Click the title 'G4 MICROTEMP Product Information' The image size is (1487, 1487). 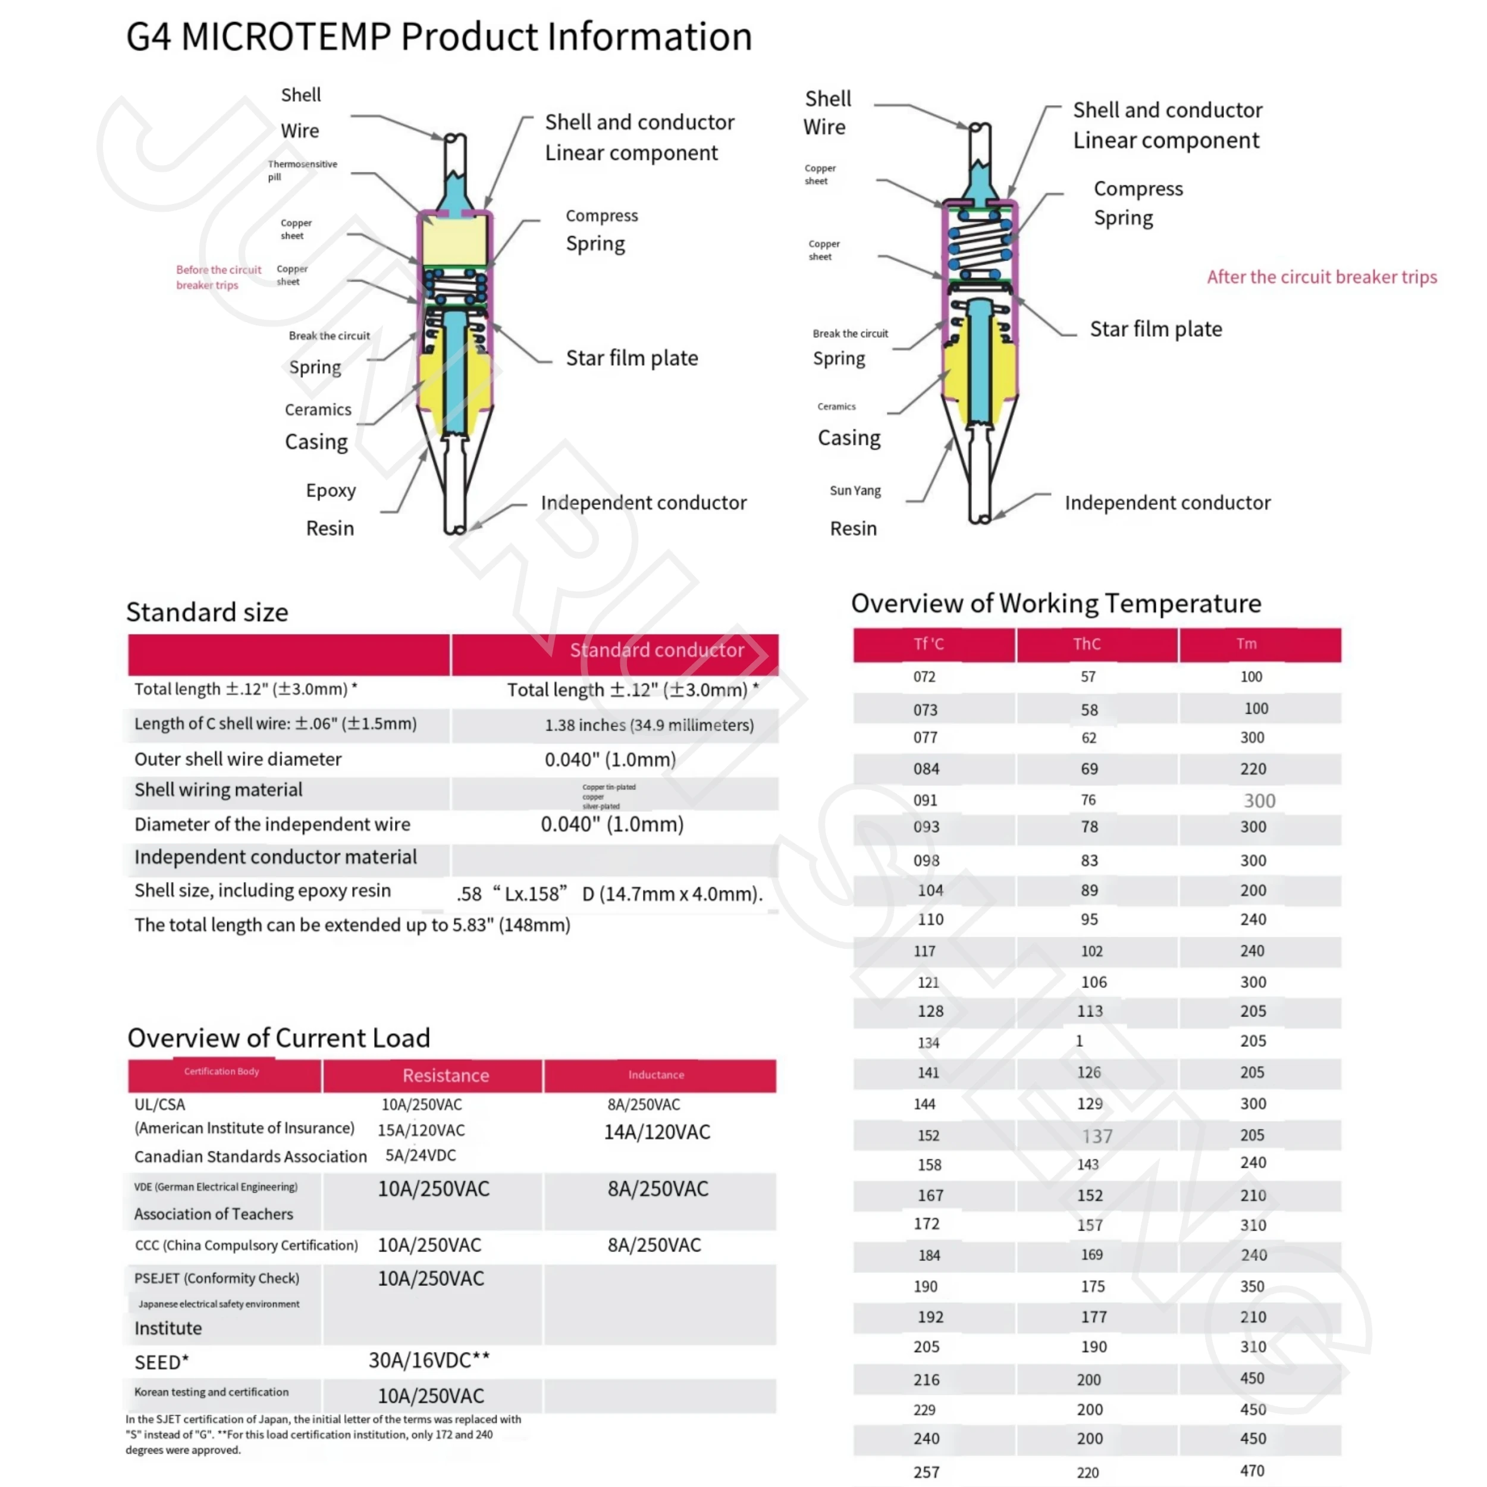click(439, 37)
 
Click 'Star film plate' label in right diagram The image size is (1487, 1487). click(1155, 330)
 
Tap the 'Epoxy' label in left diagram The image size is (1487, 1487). click(330, 490)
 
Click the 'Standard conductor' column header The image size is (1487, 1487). click(657, 650)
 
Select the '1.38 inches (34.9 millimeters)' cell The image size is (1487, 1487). click(649, 725)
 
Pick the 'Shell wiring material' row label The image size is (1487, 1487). click(218, 790)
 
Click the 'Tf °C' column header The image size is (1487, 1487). click(928, 644)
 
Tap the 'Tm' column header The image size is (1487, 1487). click(1246, 644)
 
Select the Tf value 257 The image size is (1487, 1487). click(926, 1472)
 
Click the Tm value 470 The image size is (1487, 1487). click(1251, 1470)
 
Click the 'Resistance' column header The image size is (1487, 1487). click(446, 1075)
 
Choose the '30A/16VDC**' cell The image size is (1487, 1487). click(429, 1361)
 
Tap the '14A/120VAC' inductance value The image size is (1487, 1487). click(657, 1132)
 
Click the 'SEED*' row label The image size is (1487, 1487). click(162, 1362)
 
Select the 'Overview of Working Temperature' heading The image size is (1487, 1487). click(1055, 603)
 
